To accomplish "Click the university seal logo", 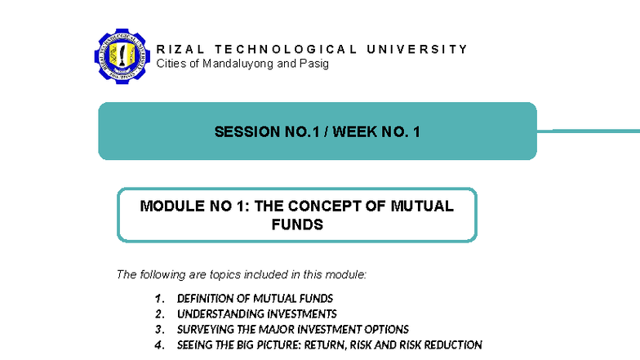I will click(123, 56).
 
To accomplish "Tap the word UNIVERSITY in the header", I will click(417, 49).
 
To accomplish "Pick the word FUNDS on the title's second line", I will click(297, 224).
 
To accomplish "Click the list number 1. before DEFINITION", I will click(160, 299).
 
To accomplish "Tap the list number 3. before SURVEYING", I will click(160, 330).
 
